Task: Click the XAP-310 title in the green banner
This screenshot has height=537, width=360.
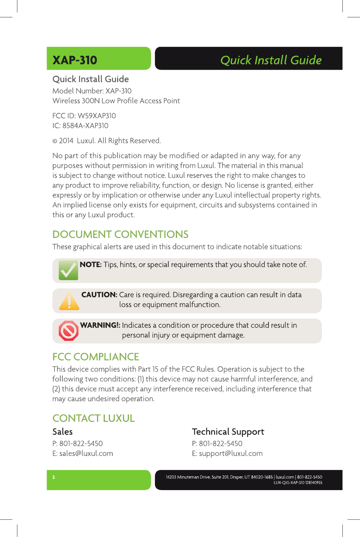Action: click(75, 60)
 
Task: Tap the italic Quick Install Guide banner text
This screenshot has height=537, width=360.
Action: click(271, 60)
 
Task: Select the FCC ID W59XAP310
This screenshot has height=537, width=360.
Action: click(97, 116)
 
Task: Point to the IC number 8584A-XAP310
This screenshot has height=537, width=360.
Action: click(85, 126)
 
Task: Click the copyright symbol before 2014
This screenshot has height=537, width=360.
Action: click(55, 141)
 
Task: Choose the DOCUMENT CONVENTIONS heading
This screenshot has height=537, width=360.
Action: click(120, 234)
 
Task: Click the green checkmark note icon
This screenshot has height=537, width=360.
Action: click(68, 270)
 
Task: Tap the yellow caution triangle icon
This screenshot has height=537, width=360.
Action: click(69, 301)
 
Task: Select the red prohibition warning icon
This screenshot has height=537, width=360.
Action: click(69, 331)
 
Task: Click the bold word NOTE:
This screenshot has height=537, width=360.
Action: click(91, 265)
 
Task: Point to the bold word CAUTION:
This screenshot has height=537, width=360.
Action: click(99, 295)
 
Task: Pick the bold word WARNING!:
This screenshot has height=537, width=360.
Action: click(100, 325)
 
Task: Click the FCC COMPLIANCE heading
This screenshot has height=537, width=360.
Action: click(96, 357)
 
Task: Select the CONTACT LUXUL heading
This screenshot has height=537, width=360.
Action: click(93, 418)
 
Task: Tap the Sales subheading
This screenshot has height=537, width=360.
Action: click(63, 432)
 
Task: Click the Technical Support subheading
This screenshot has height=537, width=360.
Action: click(228, 432)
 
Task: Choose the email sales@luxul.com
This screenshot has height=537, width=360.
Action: click(86, 453)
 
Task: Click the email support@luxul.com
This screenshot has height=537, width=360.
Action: click(231, 453)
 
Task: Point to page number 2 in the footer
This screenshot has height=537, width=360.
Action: click(54, 478)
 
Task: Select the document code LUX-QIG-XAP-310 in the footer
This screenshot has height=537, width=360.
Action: click(289, 483)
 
